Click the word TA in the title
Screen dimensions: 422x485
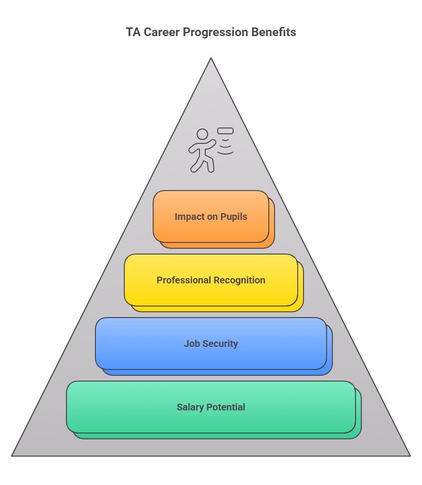133,32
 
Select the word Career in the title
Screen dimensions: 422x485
161,32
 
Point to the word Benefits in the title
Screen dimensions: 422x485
274,32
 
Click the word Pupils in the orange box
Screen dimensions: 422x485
234,217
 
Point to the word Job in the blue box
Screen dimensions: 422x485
192,344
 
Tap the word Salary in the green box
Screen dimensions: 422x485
190,408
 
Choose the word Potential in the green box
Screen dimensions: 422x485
226,407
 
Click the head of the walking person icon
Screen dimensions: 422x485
202,134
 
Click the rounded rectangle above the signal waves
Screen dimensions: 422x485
225,131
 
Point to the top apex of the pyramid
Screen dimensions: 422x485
211,58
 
